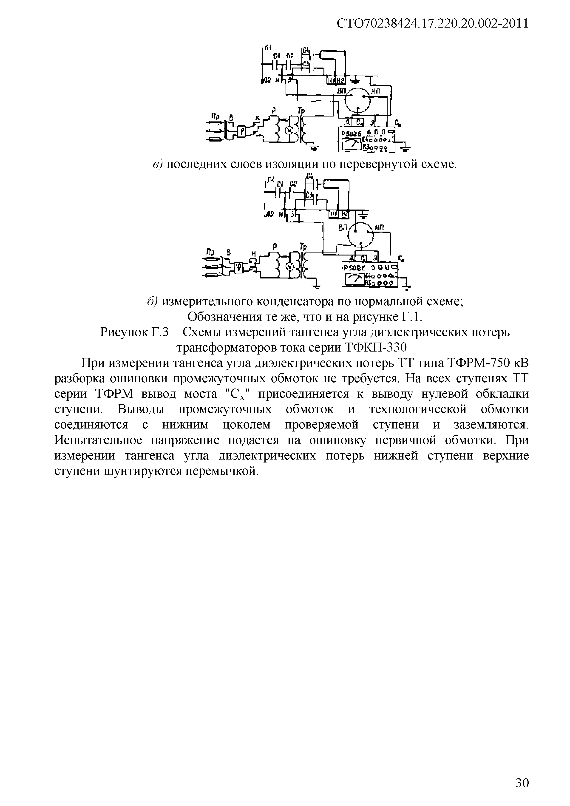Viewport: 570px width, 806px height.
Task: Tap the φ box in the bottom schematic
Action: pyautogui.click(x=239, y=267)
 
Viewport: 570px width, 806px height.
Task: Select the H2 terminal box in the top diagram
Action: pyautogui.click(x=341, y=81)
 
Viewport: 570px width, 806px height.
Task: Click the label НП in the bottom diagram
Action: pyautogui.click(x=379, y=228)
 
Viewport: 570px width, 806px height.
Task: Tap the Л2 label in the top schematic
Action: pyautogui.click(x=267, y=81)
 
